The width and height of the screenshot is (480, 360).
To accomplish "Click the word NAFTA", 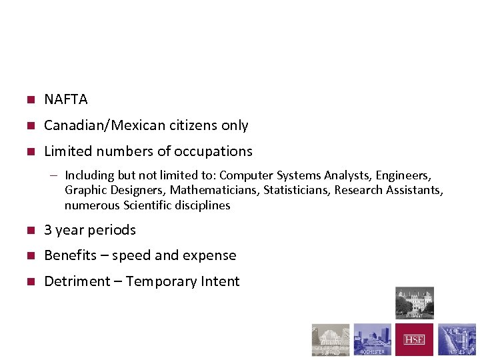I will pyautogui.click(x=65, y=99).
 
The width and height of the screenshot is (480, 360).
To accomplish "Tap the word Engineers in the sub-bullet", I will pyautogui.click(x=403, y=175).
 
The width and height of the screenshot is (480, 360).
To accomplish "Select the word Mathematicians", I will pyautogui.click(x=209, y=190).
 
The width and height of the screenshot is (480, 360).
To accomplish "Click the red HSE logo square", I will pyautogui.click(x=414, y=340).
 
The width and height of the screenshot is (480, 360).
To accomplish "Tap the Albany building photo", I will pyautogui.click(x=414, y=303).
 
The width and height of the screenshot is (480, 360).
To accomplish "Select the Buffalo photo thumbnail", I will pyautogui.click(x=331, y=340).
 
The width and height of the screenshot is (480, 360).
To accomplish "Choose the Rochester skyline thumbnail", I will pyautogui.click(x=372, y=340).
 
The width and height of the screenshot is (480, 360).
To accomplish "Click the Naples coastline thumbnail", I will pyautogui.click(x=457, y=340).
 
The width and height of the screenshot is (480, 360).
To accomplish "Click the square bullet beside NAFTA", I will pyautogui.click(x=29, y=100).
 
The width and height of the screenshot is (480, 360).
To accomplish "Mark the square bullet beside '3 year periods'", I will pyautogui.click(x=29, y=231).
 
